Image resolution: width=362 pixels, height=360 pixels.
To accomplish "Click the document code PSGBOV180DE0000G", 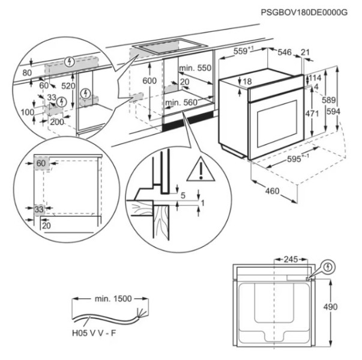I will tap(306, 13).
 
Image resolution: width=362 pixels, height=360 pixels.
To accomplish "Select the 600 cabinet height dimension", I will tap(150, 81).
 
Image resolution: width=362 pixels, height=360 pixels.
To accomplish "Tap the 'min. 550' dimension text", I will tap(196, 69).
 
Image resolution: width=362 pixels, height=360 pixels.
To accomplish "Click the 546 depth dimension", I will tap(284, 53).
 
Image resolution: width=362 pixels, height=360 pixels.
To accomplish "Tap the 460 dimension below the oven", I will tap(273, 191).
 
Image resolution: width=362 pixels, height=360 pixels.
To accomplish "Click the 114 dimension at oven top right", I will tap(315, 78).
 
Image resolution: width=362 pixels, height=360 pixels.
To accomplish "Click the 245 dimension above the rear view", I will tap(291, 260).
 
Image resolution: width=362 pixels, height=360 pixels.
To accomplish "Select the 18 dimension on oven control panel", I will tap(247, 81).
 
